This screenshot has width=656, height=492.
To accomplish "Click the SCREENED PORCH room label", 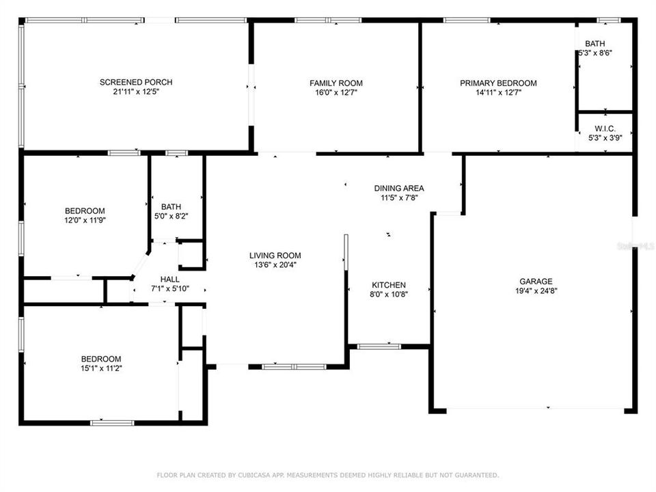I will [x=136, y=83].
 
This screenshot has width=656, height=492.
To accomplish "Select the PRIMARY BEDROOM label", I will [x=497, y=83].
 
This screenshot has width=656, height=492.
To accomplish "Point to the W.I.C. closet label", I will [x=605, y=128].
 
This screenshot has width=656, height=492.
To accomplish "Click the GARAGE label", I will [x=535, y=281].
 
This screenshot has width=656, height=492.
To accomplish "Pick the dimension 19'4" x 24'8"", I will [x=535, y=290].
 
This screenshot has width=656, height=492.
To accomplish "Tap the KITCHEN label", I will [x=389, y=285].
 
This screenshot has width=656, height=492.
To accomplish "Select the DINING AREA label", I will [x=399, y=188].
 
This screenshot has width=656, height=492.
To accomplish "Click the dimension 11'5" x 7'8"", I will [x=399, y=197].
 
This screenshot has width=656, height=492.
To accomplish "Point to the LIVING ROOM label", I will [x=275, y=256].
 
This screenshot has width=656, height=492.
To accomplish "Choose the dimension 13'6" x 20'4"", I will [x=275, y=265].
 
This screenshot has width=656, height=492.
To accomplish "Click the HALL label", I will [x=169, y=279].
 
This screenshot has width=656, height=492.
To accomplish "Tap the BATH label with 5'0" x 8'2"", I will [x=171, y=206].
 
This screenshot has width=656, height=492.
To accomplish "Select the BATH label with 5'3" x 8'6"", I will [x=594, y=44].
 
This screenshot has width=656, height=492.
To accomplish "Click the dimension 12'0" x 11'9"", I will [x=85, y=220].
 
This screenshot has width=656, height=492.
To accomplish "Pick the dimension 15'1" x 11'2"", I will [x=101, y=368].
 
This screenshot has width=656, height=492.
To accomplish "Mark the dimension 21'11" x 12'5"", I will [x=136, y=92].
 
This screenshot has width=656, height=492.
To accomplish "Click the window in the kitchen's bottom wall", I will [x=379, y=346].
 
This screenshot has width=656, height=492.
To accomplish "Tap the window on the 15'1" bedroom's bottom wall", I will [x=112, y=422].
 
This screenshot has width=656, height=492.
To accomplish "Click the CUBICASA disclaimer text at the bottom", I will [x=328, y=475].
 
